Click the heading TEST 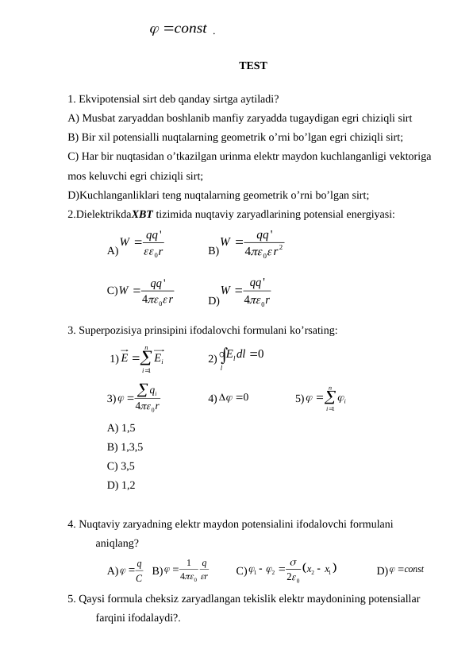(252, 66)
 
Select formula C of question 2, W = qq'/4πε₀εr (148, 291)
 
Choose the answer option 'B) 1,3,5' (125, 447)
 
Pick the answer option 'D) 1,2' (121, 485)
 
